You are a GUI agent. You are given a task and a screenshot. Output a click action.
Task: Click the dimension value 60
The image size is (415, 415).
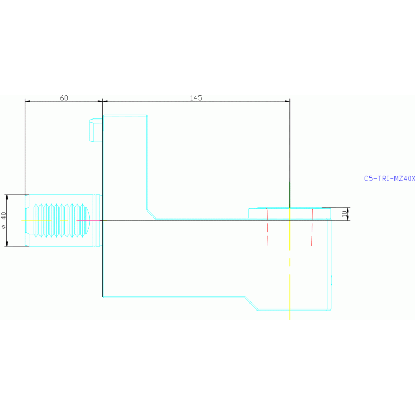[x=64, y=98]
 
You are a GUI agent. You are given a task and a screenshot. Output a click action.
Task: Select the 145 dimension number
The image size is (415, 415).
[x=196, y=98]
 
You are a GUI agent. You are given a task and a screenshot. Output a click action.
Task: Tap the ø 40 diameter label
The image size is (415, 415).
[x=4, y=220]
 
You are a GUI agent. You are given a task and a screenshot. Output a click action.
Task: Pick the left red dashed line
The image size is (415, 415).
[x=267, y=227]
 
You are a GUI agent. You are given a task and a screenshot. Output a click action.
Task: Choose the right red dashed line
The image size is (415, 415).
[x=312, y=227]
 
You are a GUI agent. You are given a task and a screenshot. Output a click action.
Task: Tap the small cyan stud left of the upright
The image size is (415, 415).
[x=95, y=130]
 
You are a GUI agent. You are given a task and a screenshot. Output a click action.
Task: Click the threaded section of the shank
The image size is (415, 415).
[x=57, y=220]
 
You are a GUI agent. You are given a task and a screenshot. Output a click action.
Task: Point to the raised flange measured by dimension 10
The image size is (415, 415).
[x=289, y=213]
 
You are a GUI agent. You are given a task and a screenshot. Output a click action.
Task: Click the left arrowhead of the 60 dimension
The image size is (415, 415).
[x=28, y=101]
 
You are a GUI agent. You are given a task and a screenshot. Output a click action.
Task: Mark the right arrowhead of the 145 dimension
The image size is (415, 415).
[x=287, y=101]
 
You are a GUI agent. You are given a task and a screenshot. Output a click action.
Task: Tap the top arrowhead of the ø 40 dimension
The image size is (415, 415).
[x=6, y=197]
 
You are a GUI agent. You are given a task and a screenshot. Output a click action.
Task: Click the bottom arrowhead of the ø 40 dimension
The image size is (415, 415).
[x=6, y=243]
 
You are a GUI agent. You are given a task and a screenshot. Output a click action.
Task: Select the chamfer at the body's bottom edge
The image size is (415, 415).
[x=251, y=303]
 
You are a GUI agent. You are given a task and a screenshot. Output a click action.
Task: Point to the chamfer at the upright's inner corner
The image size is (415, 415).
[x=151, y=213]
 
